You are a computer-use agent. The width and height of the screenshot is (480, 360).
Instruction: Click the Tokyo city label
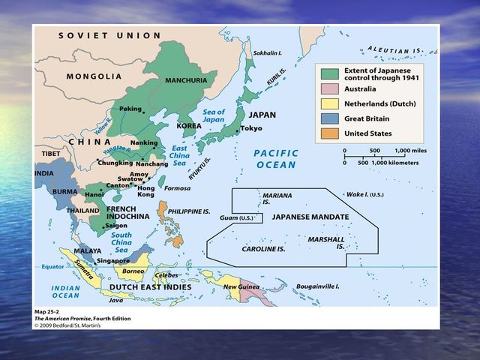251,128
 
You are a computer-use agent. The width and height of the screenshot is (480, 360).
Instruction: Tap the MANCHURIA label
186,79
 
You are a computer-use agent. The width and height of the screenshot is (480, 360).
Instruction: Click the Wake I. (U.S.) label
364,194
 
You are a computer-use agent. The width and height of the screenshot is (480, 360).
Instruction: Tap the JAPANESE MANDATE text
310,217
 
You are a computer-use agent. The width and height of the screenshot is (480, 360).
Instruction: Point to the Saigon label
116,225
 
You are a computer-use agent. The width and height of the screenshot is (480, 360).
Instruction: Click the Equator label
52,267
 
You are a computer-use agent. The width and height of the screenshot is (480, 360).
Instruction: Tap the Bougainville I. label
316,286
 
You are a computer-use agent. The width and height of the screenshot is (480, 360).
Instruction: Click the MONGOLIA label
94,76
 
